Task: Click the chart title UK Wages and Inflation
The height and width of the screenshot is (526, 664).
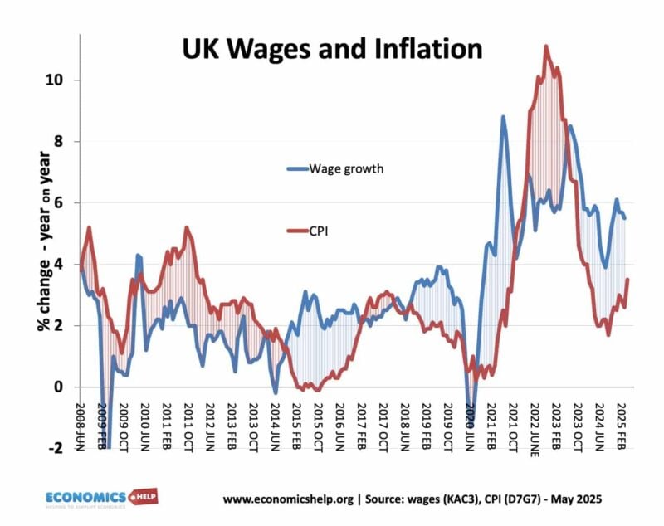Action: tap(332, 49)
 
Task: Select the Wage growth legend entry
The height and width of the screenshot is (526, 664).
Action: tap(346, 168)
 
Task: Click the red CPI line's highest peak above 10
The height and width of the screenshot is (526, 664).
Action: tap(546, 46)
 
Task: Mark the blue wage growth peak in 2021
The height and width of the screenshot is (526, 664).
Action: tap(503, 117)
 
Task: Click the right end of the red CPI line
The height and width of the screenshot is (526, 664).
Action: tap(627, 280)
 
